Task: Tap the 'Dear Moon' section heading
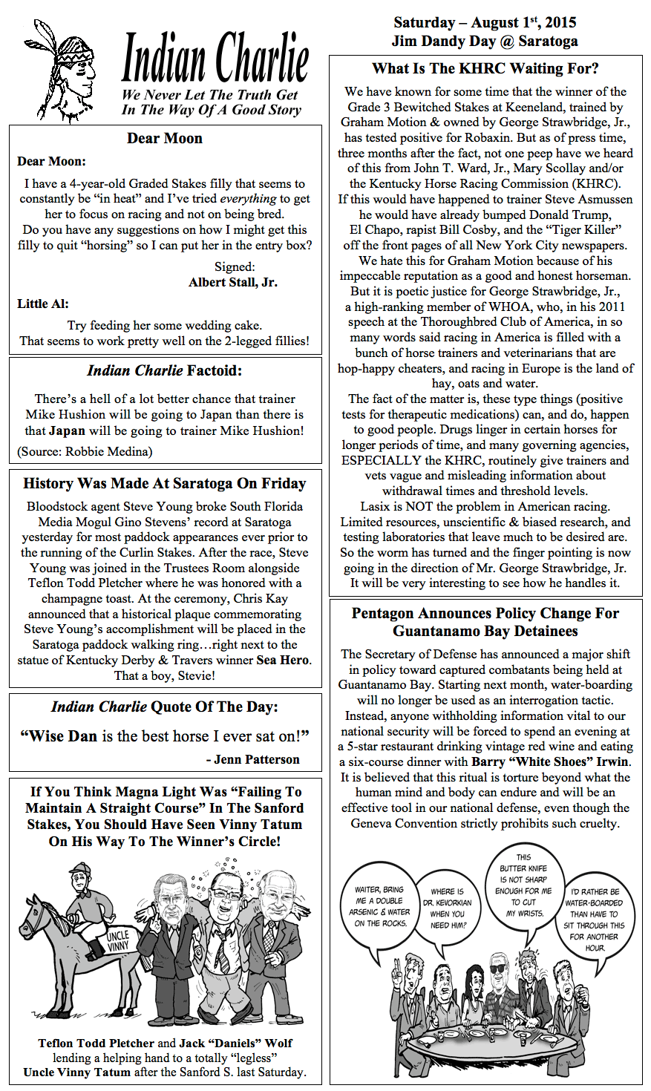tap(165, 138)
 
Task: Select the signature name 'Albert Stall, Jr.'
tap(233, 282)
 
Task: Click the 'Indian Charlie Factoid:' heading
tap(165, 370)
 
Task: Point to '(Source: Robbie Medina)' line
tap(85, 451)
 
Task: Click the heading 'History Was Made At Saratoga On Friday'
tap(165, 484)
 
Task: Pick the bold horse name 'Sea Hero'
tap(284, 661)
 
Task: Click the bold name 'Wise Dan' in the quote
tap(63, 736)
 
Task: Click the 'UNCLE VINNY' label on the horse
tap(117, 940)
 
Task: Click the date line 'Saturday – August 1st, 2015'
tap(485, 22)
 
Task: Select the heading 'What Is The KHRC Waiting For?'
tap(485, 69)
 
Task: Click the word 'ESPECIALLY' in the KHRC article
tap(382, 460)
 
